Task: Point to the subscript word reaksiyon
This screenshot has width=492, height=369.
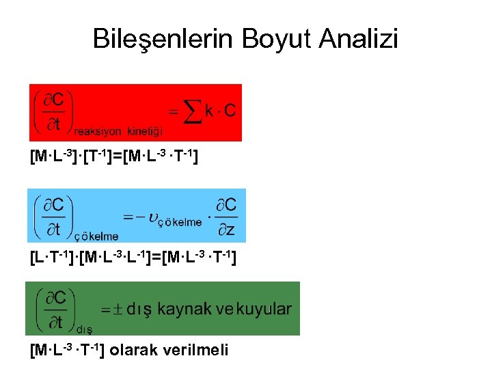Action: (98, 131)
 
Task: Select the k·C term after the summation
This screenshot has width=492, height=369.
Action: (222, 111)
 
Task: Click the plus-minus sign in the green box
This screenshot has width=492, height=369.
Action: (113, 310)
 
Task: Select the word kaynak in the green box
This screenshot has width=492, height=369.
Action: (184, 309)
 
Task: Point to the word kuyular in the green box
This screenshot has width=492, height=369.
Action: (264, 309)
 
